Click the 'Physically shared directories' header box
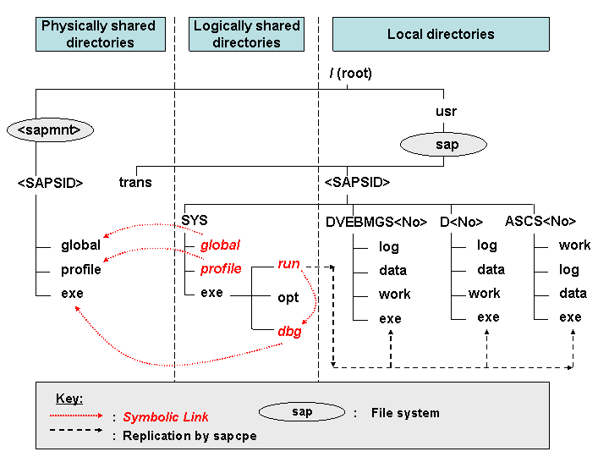point(100,34)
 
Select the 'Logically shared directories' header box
point(246,34)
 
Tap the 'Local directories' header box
point(440,35)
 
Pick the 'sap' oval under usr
point(447,145)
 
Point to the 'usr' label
point(446,111)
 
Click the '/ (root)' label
point(350,74)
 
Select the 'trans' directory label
point(135,182)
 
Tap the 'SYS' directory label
point(195,220)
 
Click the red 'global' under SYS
point(220,245)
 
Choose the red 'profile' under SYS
point(221,269)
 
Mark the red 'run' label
point(288,264)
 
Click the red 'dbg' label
point(289,332)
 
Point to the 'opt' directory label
point(288,298)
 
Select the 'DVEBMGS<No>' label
point(376,222)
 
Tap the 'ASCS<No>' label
point(540,222)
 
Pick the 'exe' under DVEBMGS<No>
point(390,319)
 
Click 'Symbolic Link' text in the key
point(166,416)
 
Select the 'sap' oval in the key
point(302,412)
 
